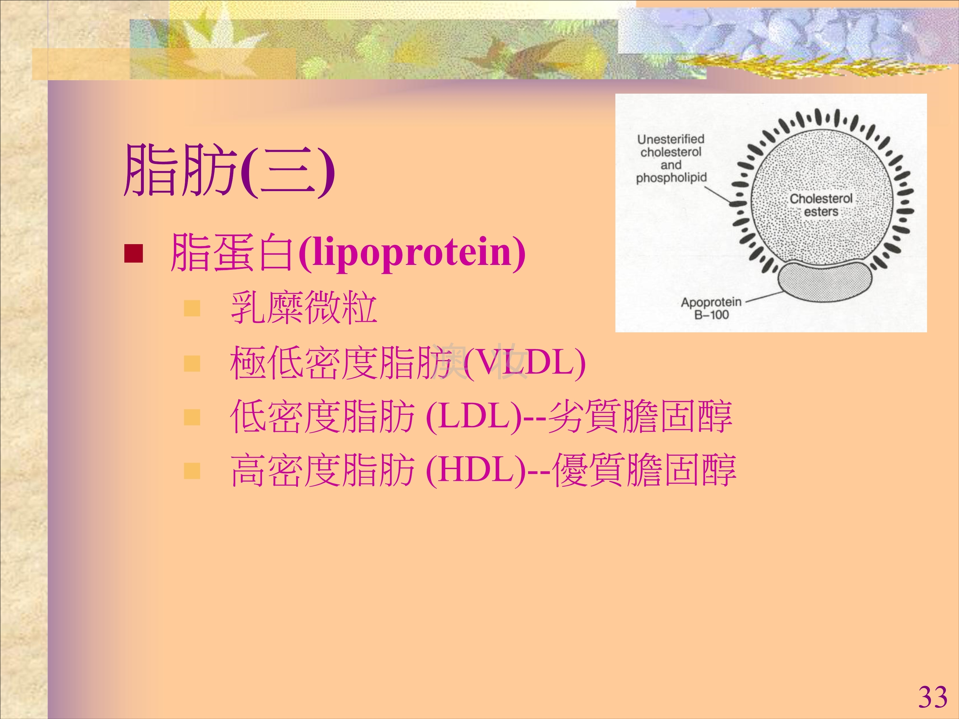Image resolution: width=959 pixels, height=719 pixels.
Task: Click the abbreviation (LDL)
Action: coord(474,417)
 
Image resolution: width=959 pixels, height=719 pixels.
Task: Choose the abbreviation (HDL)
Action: coord(476,470)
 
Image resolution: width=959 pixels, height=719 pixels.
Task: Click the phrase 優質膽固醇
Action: coord(645,470)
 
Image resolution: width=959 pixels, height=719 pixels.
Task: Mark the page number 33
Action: coord(932,697)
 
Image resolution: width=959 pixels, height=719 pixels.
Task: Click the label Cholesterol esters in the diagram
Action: coord(821,205)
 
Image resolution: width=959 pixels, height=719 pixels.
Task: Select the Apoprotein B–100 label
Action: coord(711,308)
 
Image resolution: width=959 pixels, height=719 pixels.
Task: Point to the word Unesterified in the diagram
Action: coord(671,139)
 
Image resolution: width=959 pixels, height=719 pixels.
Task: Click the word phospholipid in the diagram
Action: coord(671,178)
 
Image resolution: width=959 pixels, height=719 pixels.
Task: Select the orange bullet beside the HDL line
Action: coord(192,471)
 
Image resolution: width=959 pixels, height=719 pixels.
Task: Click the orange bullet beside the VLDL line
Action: coord(192,364)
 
